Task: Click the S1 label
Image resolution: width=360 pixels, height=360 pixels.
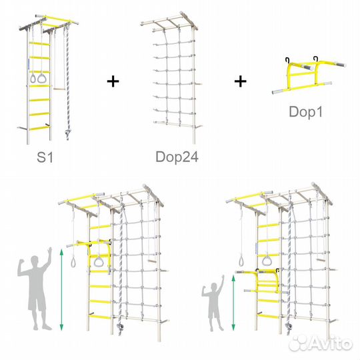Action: [x=45, y=157]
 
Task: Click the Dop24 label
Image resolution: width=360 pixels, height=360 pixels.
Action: [x=177, y=157]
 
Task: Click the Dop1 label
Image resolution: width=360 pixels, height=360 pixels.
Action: [x=306, y=112]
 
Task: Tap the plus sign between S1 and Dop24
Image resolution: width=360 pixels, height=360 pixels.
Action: [x=113, y=81]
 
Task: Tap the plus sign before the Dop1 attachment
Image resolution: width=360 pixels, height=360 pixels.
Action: [x=241, y=81]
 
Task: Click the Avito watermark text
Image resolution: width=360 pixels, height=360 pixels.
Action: [x=330, y=344]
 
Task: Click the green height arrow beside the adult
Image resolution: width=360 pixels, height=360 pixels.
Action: [x=61, y=290]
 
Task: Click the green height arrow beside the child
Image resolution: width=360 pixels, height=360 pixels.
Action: [x=233, y=303]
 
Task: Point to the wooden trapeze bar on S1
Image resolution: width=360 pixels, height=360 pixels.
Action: [x=59, y=89]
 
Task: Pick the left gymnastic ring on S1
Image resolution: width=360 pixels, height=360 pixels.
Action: [x=33, y=78]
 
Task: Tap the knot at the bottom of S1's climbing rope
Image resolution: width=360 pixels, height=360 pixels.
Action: [x=67, y=133]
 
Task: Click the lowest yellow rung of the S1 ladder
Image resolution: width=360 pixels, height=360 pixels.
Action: [x=39, y=128]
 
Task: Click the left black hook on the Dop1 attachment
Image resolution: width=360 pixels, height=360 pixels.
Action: [x=287, y=61]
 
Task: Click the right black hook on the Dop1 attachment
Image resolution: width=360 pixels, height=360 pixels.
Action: [x=317, y=59]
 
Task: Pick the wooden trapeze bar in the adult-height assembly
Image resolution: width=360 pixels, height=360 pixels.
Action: [x=152, y=261]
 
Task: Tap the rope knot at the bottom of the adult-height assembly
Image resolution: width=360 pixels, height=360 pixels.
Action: [x=119, y=326]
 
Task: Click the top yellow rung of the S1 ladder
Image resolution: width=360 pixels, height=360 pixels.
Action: [x=39, y=43]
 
